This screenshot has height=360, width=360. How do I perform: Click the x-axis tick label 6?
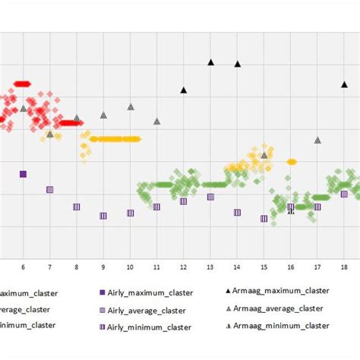(23, 267)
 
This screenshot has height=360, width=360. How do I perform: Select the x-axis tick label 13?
(210, 267)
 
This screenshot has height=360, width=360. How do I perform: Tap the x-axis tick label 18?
(344, 267)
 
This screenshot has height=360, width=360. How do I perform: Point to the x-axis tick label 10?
(130, 267)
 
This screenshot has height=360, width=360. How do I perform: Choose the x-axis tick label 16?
(291, 267)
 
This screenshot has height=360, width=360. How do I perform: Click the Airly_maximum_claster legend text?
(151, 292)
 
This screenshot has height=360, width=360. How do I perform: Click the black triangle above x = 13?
(211, 62)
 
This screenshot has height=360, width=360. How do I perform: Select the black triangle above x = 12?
(184, 90)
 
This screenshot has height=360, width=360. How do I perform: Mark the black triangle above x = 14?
(238, 64)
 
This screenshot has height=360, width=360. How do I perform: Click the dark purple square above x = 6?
(23, 174)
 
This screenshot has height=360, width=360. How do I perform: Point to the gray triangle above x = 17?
(317, 140)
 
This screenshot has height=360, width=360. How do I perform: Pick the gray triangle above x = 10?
(131, 107)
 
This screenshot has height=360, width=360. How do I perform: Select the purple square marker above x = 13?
(210, 197)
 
